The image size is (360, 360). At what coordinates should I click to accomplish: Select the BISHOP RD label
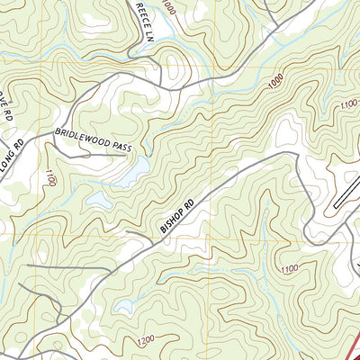[177, 215]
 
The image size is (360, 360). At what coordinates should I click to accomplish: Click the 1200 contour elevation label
[141, 340]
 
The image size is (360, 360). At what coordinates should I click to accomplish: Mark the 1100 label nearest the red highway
[289, 269]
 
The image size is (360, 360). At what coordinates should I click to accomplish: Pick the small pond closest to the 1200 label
[125, 309]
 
